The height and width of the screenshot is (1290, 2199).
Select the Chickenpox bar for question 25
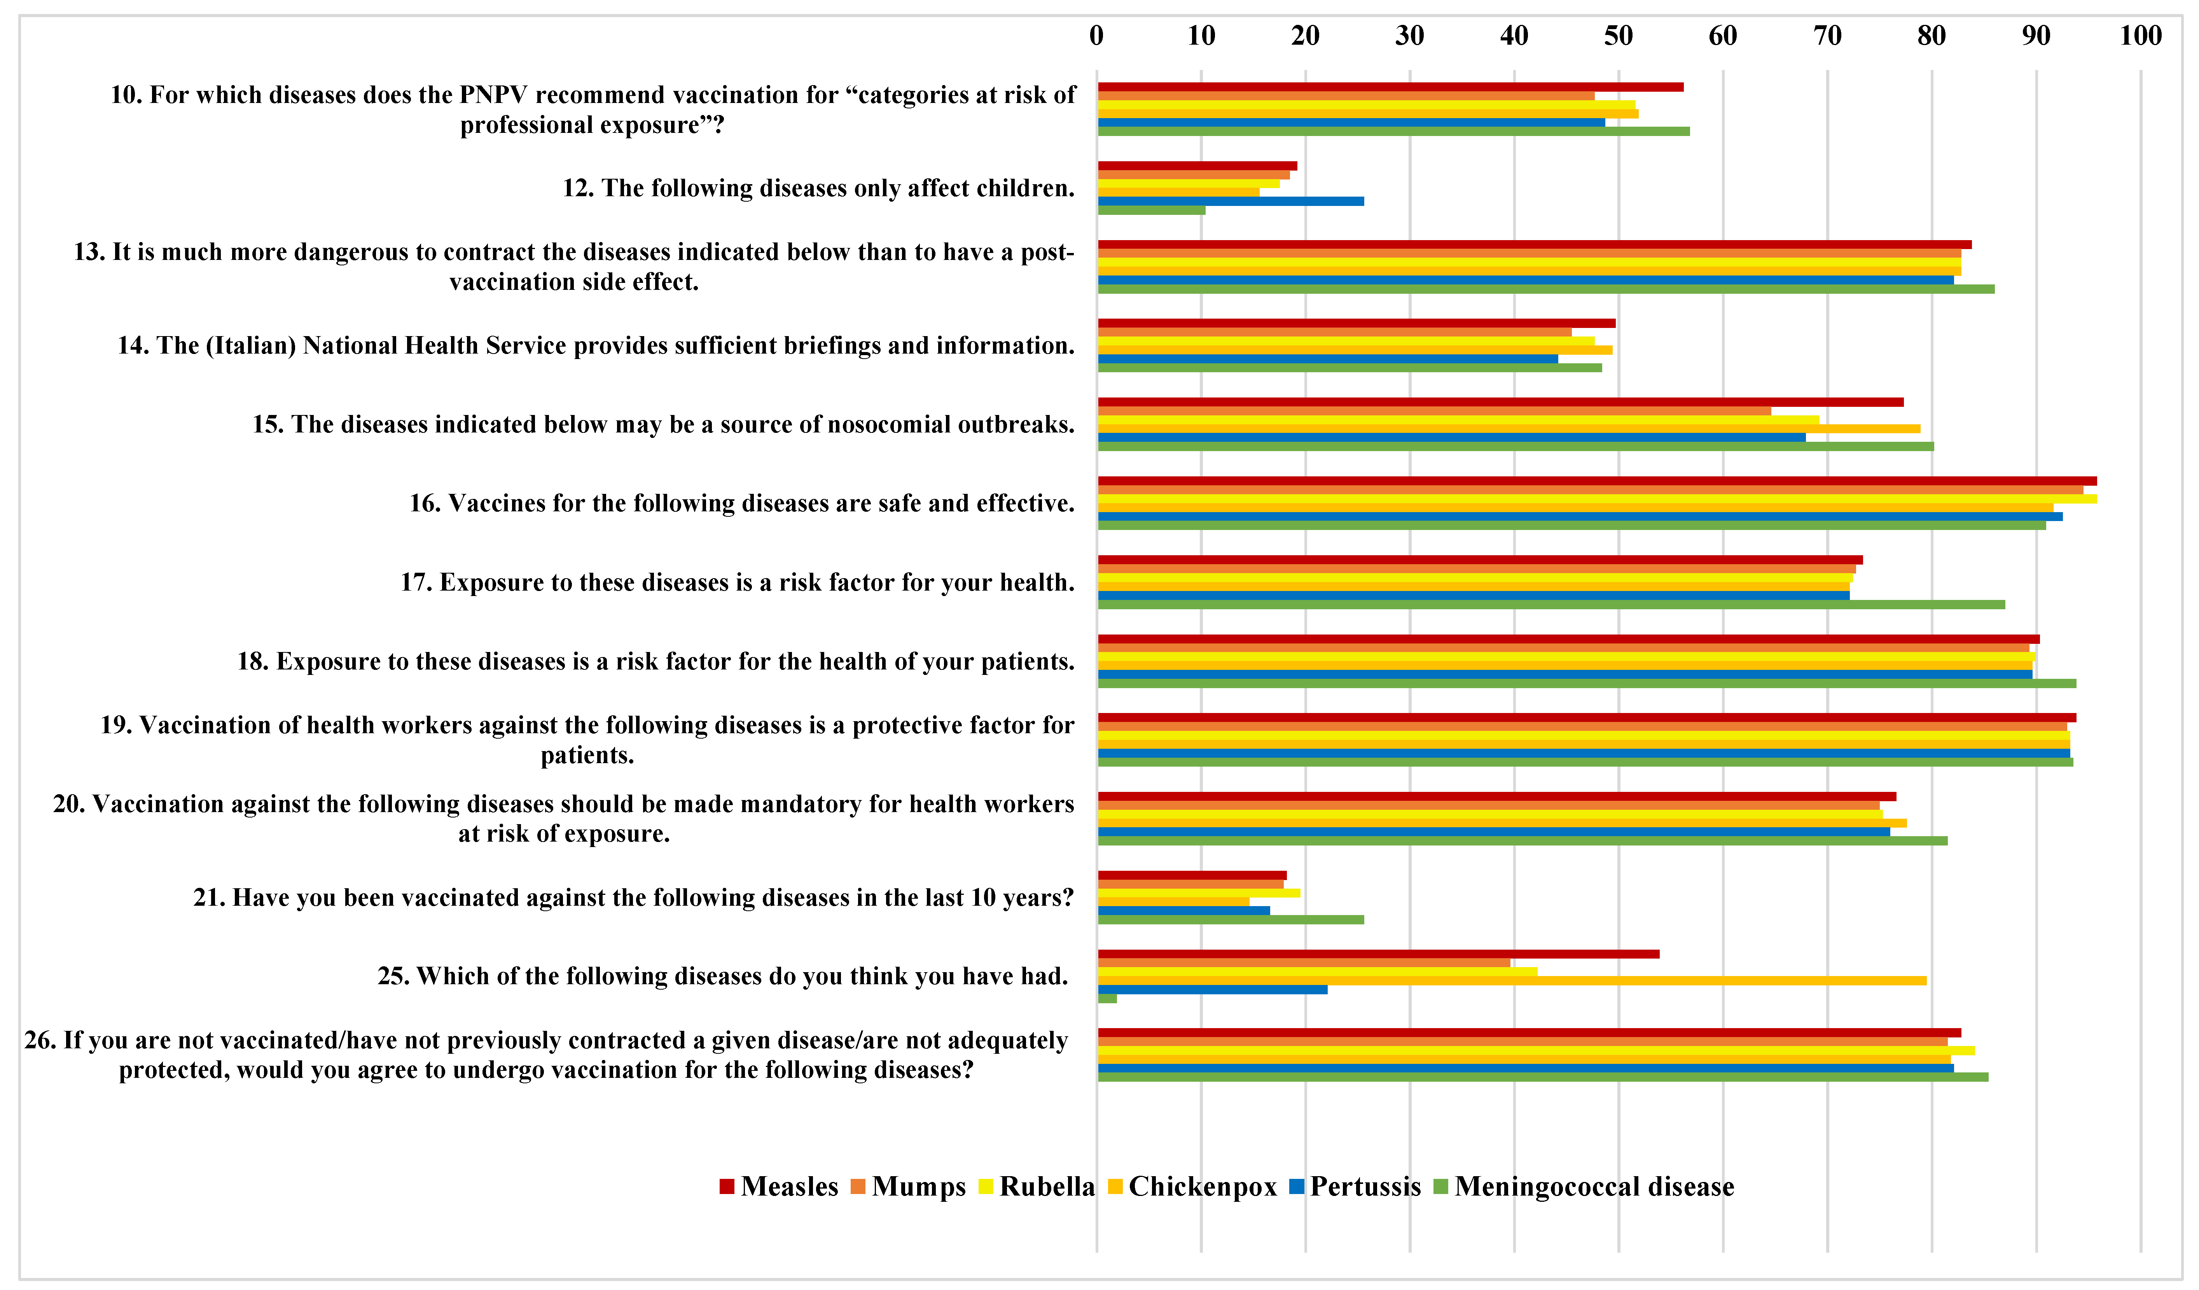pyautogui.click(x=1510, y=980)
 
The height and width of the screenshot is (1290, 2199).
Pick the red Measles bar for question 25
pyautogui.click(x=1379, y=954)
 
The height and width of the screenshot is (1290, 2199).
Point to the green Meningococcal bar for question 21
pyautogui.click(x=1231, y=919)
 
